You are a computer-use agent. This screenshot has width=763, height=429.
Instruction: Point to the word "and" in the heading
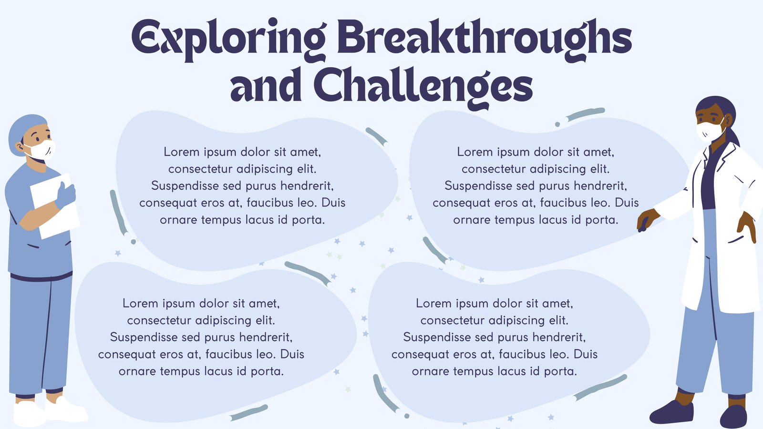click(x=266, y=85)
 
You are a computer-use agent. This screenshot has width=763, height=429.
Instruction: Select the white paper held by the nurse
click(x=54, y=206)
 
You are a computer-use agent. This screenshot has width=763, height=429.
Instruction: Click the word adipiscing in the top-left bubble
click(x=265, y=169)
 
